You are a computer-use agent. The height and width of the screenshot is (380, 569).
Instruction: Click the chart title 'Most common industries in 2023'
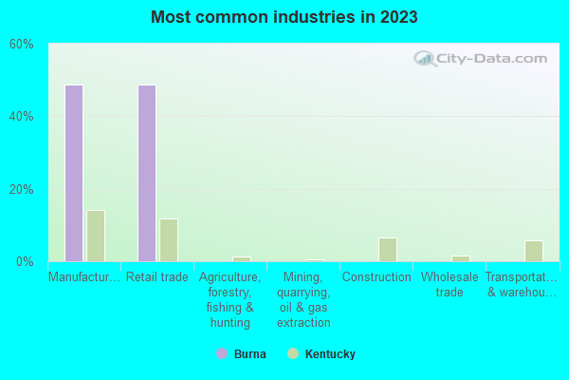tap(284, 17)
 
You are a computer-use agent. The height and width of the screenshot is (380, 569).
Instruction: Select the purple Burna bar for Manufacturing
tap(73, 173)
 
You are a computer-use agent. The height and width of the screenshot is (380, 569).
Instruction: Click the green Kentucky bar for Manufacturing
tap(96, 236)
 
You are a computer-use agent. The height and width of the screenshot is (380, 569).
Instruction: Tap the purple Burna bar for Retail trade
tap(147, 173)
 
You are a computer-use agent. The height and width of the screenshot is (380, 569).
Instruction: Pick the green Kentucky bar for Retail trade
tap(169, 239)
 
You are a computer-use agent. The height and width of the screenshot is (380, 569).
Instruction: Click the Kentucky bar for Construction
tap(388, 250)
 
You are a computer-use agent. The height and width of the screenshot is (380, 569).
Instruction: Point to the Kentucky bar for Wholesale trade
tap(461, 258)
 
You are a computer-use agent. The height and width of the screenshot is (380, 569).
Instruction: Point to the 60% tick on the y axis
tap(22, 45)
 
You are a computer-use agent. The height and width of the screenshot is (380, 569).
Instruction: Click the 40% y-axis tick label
tap(22, 117)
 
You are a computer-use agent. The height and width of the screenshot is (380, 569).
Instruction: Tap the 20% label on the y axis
tap(22, 189)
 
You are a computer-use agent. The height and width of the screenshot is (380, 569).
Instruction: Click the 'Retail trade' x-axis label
tap(157, 277)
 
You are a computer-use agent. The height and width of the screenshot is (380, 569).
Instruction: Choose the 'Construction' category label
tap(376, 277)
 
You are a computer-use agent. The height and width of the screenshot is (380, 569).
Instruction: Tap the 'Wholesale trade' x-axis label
tap(450, 285)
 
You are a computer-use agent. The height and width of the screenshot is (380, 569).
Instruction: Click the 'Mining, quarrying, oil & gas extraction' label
tap(303, 300)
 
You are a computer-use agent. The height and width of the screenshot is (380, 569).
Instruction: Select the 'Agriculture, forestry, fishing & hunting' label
tap(230, 300)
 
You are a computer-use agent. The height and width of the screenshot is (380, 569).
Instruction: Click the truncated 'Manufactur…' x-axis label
tap(84, 277)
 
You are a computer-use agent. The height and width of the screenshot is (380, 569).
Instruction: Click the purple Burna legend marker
tap(222, 354)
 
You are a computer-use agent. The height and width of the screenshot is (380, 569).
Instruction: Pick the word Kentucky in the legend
tap(330, 354)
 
